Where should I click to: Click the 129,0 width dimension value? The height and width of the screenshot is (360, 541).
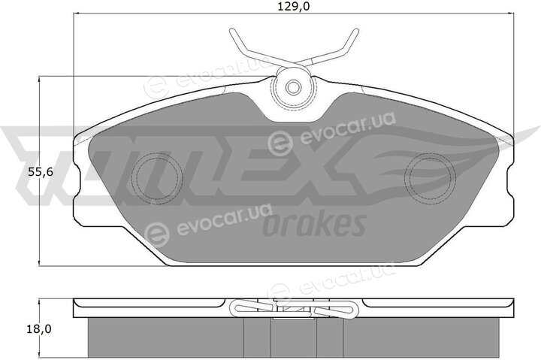point(294,7)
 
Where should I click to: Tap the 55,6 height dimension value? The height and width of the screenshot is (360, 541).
point(41,172)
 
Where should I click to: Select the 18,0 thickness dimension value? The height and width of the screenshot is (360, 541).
point(39,329)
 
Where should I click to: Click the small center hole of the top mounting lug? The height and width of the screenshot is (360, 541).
point(293,87)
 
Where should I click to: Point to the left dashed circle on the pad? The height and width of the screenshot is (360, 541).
point(157,178)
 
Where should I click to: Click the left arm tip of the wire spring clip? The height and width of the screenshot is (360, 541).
point(231,31)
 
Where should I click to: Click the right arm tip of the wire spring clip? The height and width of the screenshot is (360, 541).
point(356,31)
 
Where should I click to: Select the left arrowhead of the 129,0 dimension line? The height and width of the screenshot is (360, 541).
point(77,14)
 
